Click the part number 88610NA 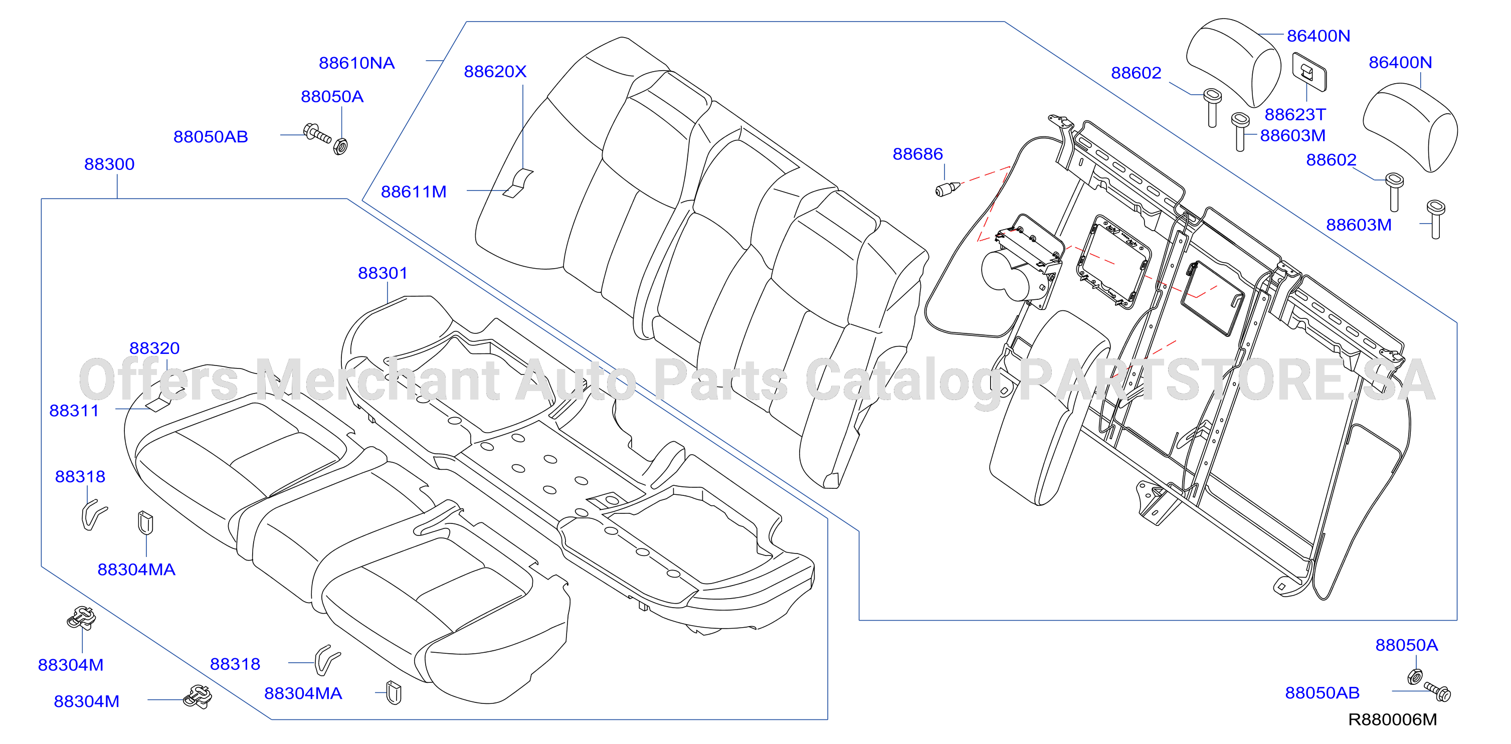(x=356, y=63)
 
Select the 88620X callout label (x=495, y=72)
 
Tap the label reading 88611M (x=414, y=192)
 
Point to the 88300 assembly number (x=109, y=164)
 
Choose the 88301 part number (x=383, y=273)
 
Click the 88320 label (x=154, y=348)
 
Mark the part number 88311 (x=74, y=411)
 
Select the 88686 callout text (x=917, y=154)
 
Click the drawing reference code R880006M (x=1393, y=719)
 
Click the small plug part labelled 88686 (x=947, y=190)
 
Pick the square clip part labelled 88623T (x=1309, y=72)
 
